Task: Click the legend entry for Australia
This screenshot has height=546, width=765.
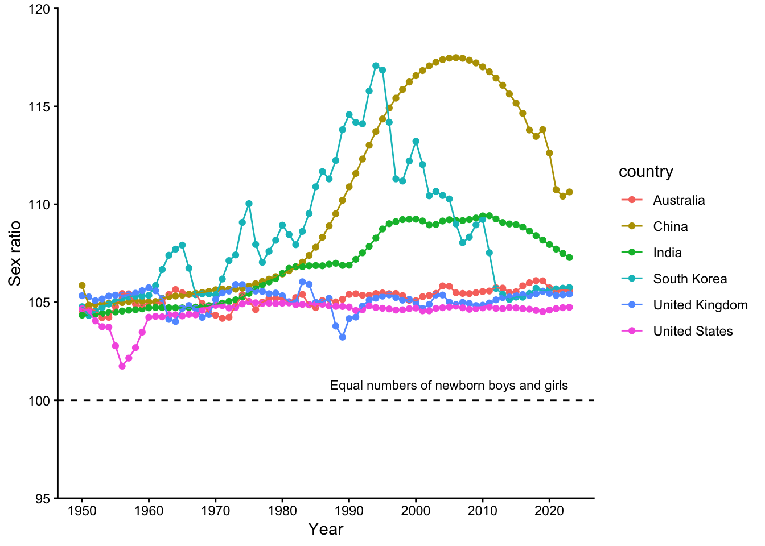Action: [678, 200]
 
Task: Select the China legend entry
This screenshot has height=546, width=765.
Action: [670, 226]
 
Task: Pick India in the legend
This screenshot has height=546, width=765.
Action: [667, 253]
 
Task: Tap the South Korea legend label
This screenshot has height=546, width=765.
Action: [690, 279]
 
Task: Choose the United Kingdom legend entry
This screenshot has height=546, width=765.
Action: [700, 305]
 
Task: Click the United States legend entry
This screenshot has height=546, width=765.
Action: [693, 331]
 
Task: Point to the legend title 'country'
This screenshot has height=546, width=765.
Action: [645, 172]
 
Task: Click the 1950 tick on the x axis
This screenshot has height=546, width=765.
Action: [82, 510]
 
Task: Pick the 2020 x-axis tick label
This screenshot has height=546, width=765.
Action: [549, 510]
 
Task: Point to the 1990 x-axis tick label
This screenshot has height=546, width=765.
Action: [349, 510]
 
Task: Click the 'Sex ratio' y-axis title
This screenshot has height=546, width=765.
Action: [15, 254]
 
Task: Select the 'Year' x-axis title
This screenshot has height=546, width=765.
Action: [326, 530]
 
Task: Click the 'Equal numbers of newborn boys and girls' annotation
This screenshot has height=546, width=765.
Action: [449, 386]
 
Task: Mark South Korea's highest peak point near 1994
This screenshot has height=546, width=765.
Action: [376, 66]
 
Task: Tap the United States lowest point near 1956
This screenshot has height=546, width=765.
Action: [122, 366]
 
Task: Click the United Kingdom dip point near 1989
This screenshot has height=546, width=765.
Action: [342, 337]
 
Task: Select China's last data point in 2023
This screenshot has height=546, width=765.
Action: [569, 192]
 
